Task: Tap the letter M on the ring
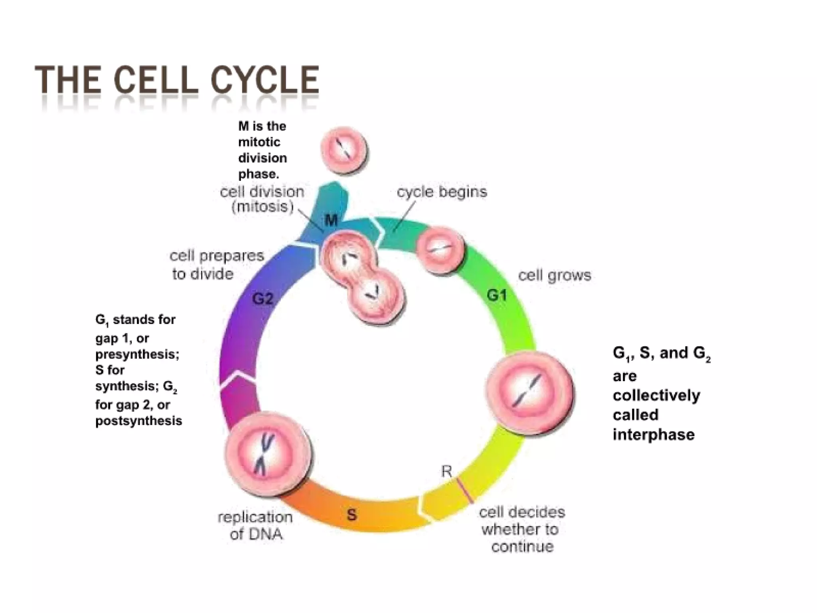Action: point(331,219)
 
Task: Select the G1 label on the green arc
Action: point(497,296)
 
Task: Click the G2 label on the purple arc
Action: point(263,299)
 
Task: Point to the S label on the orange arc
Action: point(351,514)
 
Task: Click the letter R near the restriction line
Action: point(446,472)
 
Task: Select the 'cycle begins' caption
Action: point(442,192)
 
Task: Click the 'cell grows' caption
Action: point(554,275)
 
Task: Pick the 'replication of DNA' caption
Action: point(256,526)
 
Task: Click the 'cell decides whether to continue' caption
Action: point(522,529)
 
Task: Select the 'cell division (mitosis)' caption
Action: point(262,199)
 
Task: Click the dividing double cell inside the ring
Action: point(362,278)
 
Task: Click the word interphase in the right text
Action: point(653,435)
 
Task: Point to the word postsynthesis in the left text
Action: point(138,421)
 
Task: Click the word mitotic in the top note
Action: point(259,142)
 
